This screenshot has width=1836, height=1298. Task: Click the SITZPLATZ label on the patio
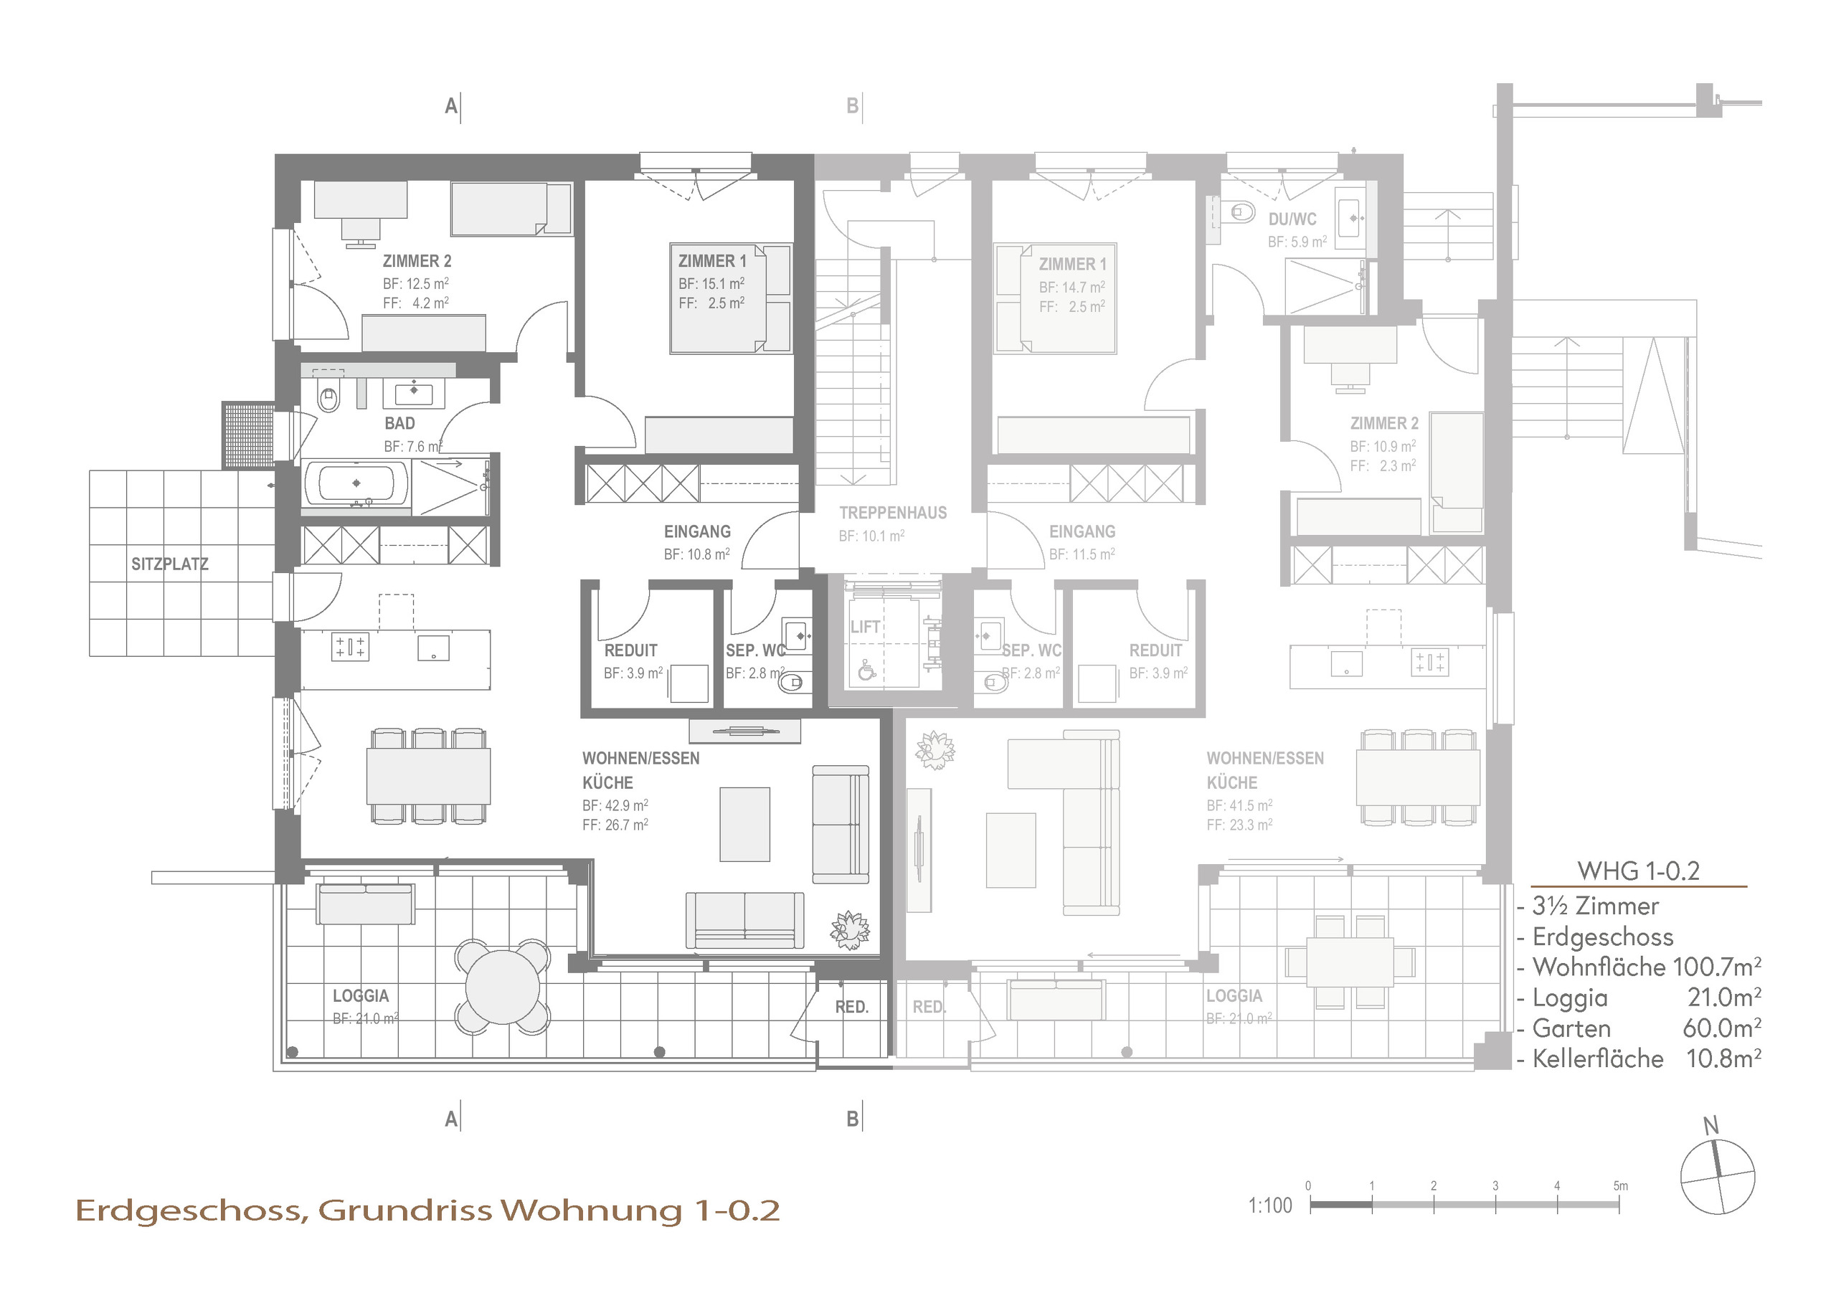[169, 564]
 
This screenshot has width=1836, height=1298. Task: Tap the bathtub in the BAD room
[356, 483]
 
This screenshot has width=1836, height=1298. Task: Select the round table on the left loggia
[502, 987]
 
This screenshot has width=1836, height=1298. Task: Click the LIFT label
[864, 627]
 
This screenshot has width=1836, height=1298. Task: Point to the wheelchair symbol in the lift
[866, 671]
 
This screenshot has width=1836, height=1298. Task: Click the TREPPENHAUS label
[892, 513]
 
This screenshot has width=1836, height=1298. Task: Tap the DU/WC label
[1292, 219]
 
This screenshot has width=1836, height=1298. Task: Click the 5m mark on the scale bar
[1620, 1186]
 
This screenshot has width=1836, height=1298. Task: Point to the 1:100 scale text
[1270, 1205]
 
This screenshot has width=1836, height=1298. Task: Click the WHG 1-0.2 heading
[1637, 871]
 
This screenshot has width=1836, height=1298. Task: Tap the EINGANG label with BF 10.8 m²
[697, 532]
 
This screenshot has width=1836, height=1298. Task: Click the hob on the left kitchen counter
[349, 646]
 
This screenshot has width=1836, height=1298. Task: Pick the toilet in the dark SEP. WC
[792, 682]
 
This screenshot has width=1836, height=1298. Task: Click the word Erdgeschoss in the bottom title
[190, 1211]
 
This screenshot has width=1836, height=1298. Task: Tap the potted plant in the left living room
[849, 930]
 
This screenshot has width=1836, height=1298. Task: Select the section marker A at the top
[452, 105]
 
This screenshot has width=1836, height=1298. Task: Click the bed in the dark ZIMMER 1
[730, 298]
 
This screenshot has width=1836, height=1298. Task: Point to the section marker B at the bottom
[853, 1119]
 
